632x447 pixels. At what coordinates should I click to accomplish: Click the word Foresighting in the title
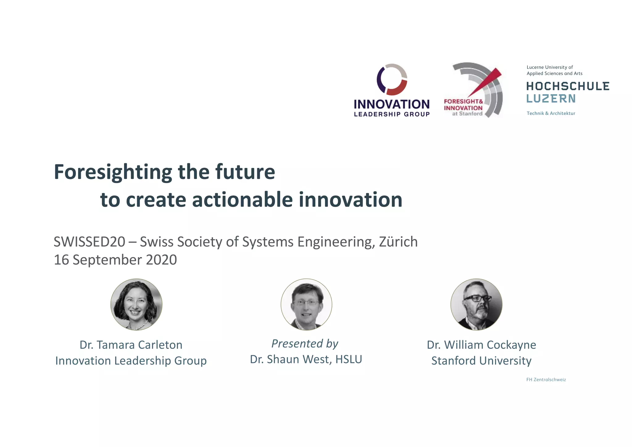(x=113, y=172)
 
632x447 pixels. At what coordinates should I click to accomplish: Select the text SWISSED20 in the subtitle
(x=89, y=242)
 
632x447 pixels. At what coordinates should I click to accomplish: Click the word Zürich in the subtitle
(x=398, y=242)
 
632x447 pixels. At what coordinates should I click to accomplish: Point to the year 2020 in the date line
(x=161, y=260)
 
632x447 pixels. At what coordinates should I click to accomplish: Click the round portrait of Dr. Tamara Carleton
(x=136, y=304)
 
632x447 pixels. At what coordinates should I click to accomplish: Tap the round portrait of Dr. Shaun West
(x=306, y=304)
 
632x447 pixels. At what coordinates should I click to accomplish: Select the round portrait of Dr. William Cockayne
(x=476, y=304)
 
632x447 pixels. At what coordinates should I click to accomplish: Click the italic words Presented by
(x=305, y=344)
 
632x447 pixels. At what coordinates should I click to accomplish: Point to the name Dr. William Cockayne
(x=481, y=345)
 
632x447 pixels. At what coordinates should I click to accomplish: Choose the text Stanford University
(x=481, y=361)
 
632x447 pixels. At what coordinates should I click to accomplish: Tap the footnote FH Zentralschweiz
(x=546, y=380)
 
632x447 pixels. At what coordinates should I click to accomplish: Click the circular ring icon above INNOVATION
(x=392, y=79)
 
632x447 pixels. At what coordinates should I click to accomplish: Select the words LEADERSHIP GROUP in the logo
(x=392, y=114)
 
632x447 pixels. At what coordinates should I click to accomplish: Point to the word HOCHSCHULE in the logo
(x=568, y=86)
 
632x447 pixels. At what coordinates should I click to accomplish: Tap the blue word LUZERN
(x=551, y=99)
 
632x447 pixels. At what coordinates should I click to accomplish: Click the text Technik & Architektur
(x=551, y=113)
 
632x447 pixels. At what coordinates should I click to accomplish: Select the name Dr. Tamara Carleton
(x=131, y=345)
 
